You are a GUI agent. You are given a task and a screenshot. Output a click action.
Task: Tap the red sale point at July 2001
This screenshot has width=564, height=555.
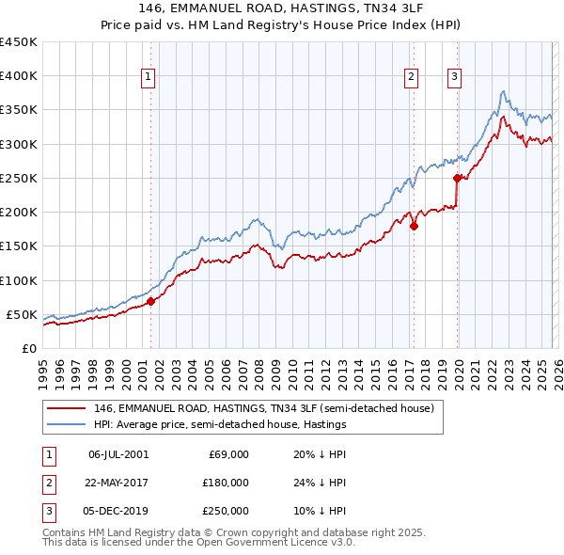tap(150, 301)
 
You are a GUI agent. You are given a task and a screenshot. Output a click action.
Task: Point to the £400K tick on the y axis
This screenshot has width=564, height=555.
tap(19, 76)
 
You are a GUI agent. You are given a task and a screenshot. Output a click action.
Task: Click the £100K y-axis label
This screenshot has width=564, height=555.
tap(19, 280)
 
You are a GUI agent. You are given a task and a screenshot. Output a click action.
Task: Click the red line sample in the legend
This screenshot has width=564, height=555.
tap(66, 409)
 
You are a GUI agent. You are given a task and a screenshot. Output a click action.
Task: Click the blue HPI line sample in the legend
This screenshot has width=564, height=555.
tap(66, 424)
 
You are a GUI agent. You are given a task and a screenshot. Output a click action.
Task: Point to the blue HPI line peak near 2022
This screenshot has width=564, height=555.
tap(504, 91)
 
